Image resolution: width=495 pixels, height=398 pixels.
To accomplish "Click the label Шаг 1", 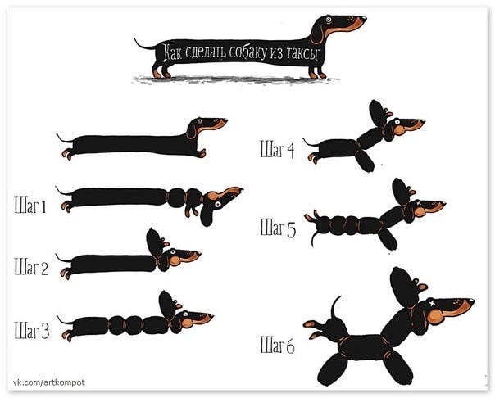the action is click(x=30, y=205).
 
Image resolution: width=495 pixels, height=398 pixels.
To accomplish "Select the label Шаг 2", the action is click(x=31, y=267).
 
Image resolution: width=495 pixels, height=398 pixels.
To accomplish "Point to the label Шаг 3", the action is click(x=32, y=330).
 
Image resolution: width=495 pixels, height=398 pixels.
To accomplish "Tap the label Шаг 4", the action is click(x=277, y=150).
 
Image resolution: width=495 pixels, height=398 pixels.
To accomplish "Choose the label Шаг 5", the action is click(x=278, y=228).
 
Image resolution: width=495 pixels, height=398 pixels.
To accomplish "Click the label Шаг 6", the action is click(x=277, y=345).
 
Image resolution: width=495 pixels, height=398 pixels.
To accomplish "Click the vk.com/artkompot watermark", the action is click(x=49, y=382).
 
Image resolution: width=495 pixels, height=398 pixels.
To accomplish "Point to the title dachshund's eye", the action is click(x=329, y=20).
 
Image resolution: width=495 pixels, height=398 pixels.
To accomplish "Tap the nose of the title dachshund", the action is click(x=364, y=18).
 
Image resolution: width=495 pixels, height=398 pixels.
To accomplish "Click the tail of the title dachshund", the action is click(x=144, y=44).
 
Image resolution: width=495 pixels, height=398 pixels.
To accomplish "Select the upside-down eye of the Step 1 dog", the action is click(x=217, y=205).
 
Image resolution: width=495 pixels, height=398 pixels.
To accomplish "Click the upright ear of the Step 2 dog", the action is click(x=154, y=243).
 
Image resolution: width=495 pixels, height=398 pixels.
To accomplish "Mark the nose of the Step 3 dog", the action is click(x=211, y=315).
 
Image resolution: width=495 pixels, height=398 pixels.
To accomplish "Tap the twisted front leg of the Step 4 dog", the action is click(x=365, y=161).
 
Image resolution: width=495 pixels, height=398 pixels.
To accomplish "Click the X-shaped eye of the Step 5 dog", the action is click(x=419, y=203).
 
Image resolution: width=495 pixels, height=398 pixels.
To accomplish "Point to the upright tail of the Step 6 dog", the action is click(x=334, y=307).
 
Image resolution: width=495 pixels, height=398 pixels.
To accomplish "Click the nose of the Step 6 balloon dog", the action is click(x=471, y=301).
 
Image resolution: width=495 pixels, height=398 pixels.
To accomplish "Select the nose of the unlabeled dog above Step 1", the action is click(x=225, y=120).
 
